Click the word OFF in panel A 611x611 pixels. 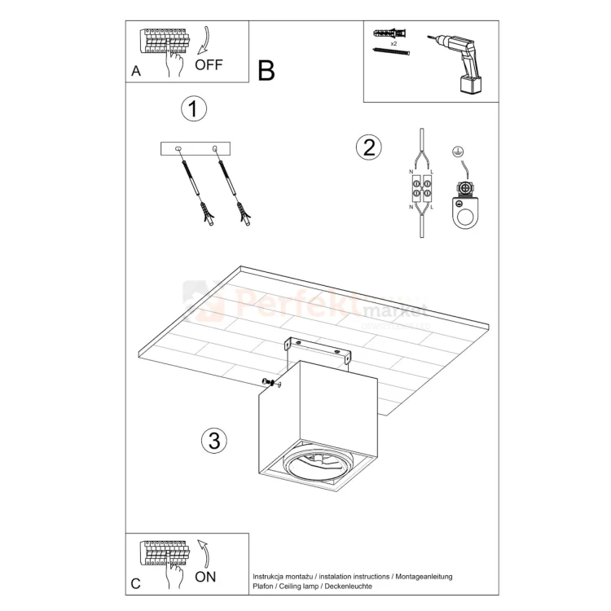pyautogui.click(x=209, y=64)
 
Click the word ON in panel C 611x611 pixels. pyautogui.click(x=206, y=577)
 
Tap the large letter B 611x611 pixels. pyautogui.click(x=266, y=71)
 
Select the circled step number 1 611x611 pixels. pyautogui.click(x=193, y=109)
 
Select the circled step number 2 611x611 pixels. pyautogui.click(x=368, y=147)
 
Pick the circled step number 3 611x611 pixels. pyautogui.click(x=213, y=441)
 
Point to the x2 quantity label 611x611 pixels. pyautogui.click(x=393, y=42)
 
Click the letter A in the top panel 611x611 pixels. pyautogui.click(x=136, y=71)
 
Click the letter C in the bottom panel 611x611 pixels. pyautogui.click(x=136, y=583)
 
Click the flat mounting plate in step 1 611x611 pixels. pyautogui.click(x=196, y=148)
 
